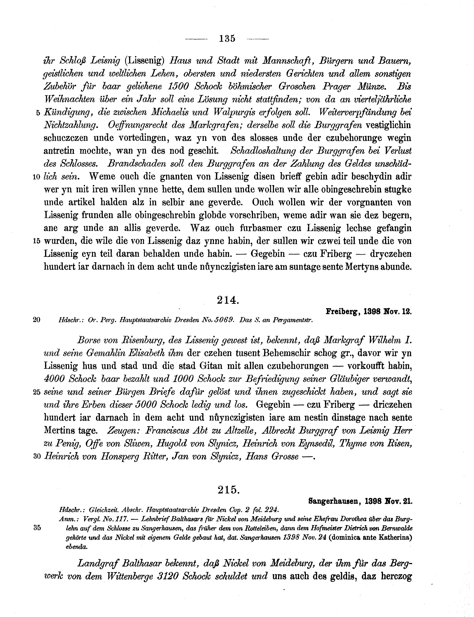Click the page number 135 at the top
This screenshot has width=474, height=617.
coord(227,39)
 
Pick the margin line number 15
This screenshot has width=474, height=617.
coord(37,241)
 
